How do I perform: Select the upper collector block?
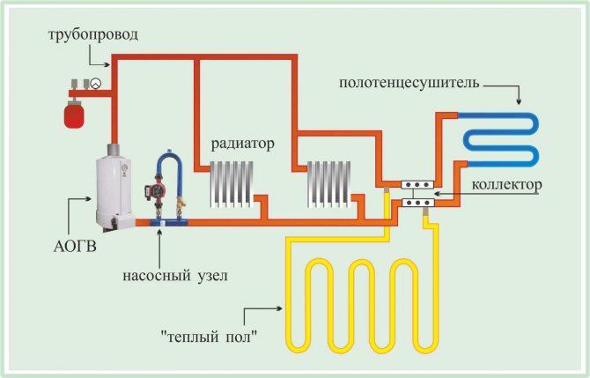pyautogui.click(x=416, y=186)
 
